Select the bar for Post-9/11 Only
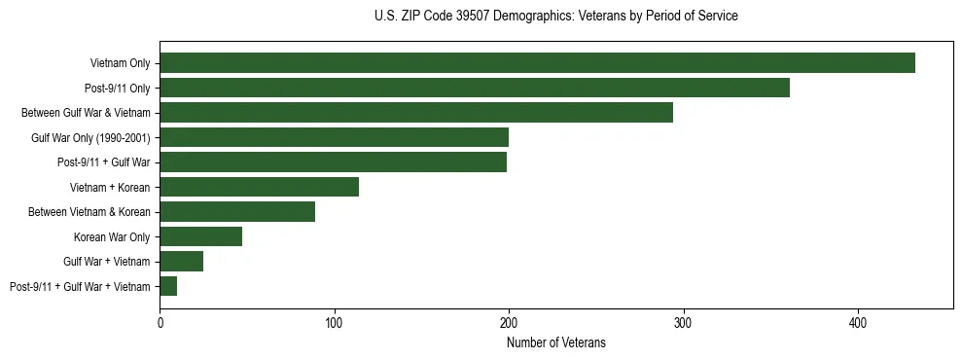(475, 88)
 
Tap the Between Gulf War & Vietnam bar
(416, 113)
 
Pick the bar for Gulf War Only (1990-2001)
(334, 137)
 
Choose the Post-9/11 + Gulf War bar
(333, 162)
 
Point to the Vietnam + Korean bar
(259, 187)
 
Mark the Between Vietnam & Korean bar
(237, 212)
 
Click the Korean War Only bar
(200, 236)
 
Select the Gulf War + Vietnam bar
(181, 261)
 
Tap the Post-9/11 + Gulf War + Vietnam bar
(168, 286)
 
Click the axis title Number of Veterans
(556, 342)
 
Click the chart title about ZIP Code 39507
(556, 17)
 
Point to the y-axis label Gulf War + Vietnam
(107, 261)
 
